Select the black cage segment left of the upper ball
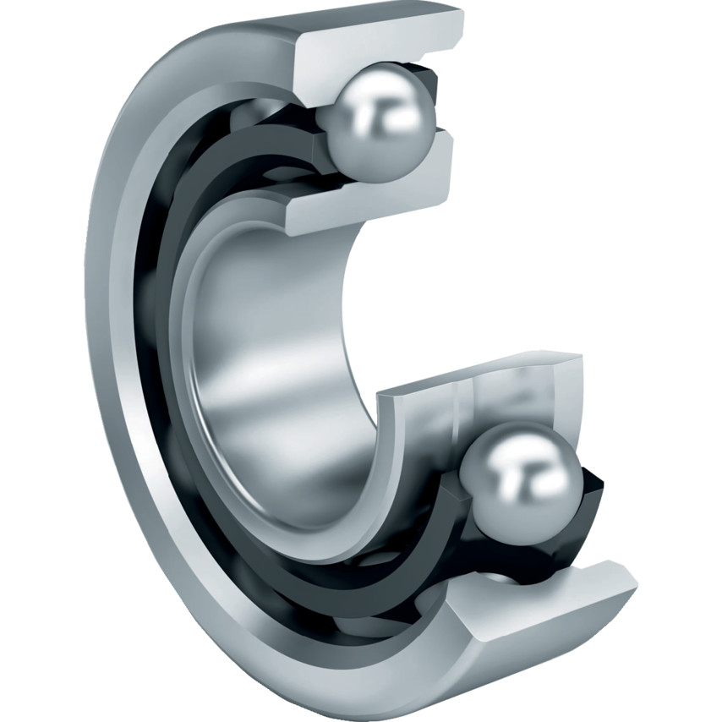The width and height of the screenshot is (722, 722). click(317, 127)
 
